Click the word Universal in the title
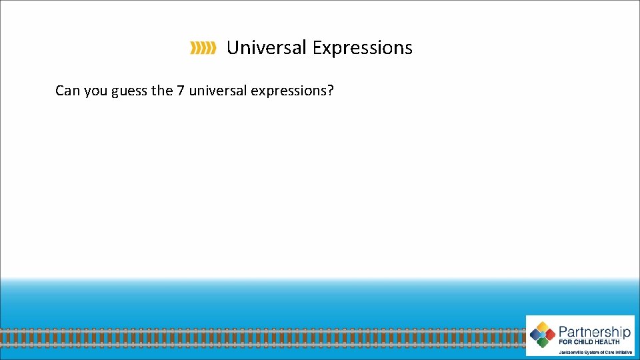click(267, 48)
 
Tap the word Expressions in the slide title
click(363, 48)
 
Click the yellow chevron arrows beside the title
click(203, 48)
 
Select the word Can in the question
click(67, 90)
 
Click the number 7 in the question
click(181, 90)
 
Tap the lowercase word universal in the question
click(217, 90)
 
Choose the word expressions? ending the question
click(293, 91)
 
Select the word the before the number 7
click(162, 90)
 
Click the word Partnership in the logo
click(594, 331)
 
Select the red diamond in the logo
click(551, 335)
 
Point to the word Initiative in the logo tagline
click(621, 351)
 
